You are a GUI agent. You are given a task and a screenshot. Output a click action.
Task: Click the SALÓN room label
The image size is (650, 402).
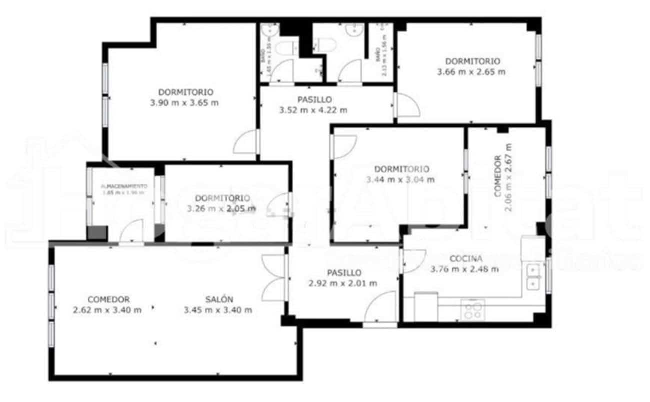coord(219,299)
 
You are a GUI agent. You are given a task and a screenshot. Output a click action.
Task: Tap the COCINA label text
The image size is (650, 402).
coord(466,259)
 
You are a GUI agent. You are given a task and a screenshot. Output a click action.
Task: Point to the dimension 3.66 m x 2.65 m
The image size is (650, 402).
coord(471,72)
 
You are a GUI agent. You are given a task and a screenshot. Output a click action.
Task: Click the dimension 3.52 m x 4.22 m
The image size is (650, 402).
coord(313,110)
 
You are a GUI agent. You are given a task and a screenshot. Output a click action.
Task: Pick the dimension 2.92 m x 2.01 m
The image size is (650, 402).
coord(343,283)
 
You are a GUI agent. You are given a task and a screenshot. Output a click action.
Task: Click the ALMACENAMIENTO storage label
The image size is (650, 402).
coord(122,186)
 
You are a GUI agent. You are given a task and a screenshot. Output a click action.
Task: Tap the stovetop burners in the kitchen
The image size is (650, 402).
coord(472,310)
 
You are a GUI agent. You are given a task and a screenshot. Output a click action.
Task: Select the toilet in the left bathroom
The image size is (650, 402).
coord(287,49)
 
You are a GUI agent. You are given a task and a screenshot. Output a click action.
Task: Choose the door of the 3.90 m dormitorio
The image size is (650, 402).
coord(246,142)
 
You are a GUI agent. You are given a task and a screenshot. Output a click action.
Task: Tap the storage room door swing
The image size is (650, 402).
coord(131,232)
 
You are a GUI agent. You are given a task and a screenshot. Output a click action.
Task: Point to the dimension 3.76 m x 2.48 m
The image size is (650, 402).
coord(465,269)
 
